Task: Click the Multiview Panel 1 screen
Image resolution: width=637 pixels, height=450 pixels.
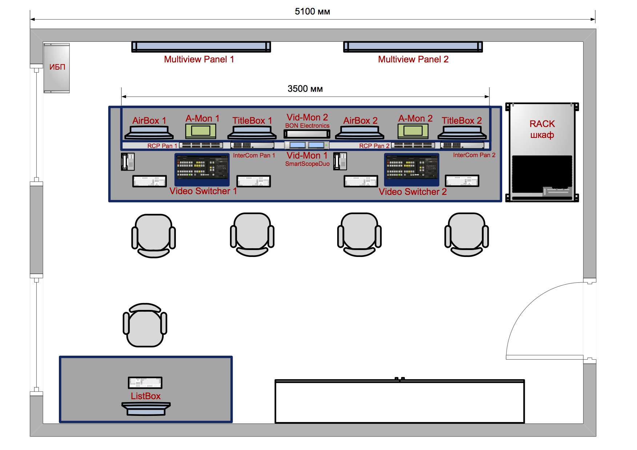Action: tap(201, 47)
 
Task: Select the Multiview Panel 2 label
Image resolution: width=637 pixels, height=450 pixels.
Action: tap(413, 59)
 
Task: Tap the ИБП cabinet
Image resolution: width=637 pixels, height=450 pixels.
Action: tap(56, 68)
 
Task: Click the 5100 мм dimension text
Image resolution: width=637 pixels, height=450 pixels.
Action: tap(313, 12)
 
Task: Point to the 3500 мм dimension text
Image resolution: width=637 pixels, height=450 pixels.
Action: tap(305, 89)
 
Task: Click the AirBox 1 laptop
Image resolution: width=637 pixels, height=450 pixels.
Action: tap(149, 132)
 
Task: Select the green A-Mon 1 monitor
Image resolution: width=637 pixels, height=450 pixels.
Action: tap(201, 131)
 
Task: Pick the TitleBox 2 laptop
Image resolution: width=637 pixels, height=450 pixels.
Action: tap(462, 132)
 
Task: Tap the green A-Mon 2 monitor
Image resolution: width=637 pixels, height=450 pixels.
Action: tap(413, 131)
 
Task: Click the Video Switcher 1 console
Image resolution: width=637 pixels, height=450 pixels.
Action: tap(202, 169)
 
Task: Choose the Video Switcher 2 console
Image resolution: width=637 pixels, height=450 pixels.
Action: tap(412, 169)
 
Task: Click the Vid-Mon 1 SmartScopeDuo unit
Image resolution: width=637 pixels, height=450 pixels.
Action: tap(307, 145)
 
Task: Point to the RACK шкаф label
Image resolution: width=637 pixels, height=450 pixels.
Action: tap(542, 129)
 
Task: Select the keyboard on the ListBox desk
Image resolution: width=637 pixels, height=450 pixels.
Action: tap(145, 382)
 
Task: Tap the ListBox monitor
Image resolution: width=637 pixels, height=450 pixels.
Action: tap(146, 409)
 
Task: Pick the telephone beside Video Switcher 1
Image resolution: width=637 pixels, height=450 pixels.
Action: tap(128, 162)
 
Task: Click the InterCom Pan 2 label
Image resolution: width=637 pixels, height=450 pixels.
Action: tap(474, 155)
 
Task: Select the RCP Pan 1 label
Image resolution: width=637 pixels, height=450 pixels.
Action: tap(162, 146)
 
